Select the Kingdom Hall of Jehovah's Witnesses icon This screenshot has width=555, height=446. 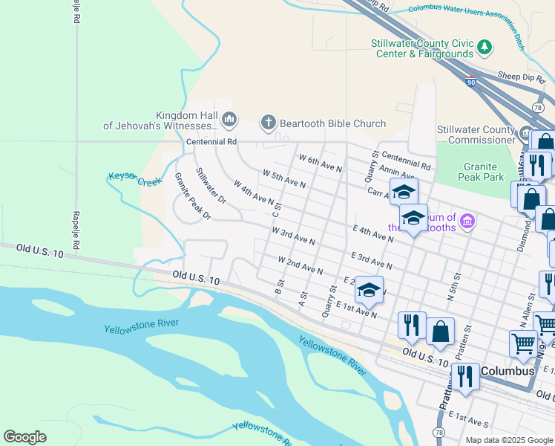click(x=229, y=119)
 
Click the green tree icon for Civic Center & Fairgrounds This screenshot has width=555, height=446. click(x=485, y=48)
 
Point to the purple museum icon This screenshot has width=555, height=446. click(x=467, y=221)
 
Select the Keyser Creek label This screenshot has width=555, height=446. click(x=135, y=178)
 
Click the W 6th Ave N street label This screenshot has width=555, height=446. click(x=321, y=164)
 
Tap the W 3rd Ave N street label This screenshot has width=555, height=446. click(x=294, y=236)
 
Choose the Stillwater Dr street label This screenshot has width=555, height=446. click(x=211, y=186)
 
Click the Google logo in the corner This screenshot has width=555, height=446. click(x=24, y=436)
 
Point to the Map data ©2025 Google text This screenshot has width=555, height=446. click(x=508, y=440)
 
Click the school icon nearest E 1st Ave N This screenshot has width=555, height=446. click(x=369, y=290)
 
